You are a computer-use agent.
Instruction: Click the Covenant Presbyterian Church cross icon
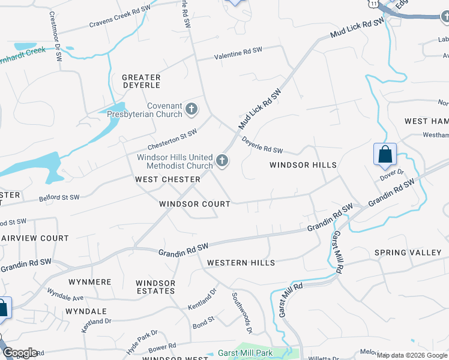click(x=191, y=109)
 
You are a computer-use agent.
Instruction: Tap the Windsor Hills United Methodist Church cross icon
click(x=222, y=160)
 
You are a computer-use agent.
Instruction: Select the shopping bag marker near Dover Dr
click(x=384, y=155)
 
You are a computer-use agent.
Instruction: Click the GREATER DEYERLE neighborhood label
click(x=141, y=82)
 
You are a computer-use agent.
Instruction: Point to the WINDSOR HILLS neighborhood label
click(x=303, y=165)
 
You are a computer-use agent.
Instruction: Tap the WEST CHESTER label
click(x=167, y=179)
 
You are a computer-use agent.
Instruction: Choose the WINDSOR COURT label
click(x=194, y=204)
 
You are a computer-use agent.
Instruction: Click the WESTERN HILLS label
click(x=241, y=263)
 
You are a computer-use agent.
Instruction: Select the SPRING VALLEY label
click(x=408, y=253)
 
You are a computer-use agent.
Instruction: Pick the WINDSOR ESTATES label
click(x=155, y=287)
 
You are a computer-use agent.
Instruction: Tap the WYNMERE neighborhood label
click(x=90, y=281)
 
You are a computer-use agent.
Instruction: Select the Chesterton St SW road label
click(x=173, y=141)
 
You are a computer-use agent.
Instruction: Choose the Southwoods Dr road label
click(x=241, y=313)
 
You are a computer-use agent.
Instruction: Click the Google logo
click(x=19, y=352)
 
